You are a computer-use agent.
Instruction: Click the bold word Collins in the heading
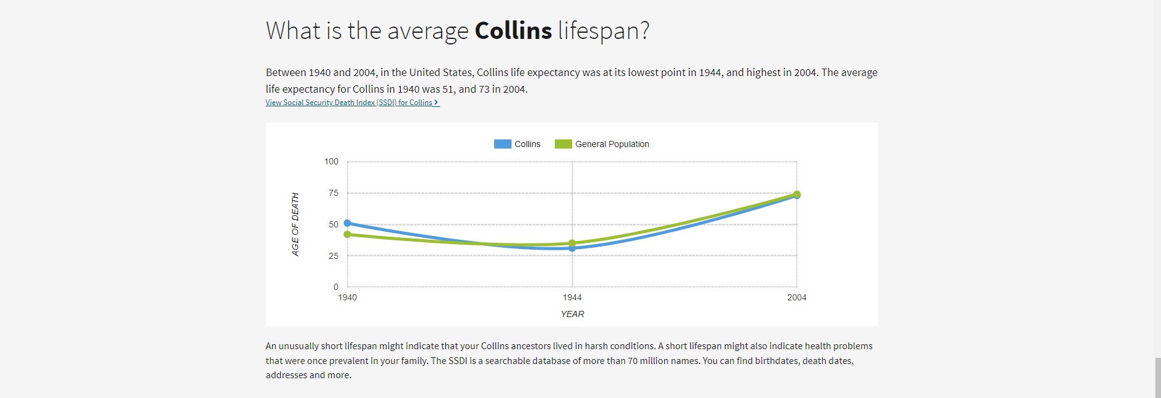point(513,31)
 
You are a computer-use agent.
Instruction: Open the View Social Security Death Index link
point(352,103)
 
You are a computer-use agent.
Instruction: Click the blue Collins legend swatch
point(502,144)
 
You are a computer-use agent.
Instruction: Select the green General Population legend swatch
point(563,144)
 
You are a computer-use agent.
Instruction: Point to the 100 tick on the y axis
point(331,161)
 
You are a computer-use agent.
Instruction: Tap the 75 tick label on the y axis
point(333,193)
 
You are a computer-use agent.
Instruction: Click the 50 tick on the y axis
point(333,224)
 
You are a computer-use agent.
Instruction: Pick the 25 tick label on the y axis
point(333,256)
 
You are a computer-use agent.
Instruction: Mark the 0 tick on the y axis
point(336,287)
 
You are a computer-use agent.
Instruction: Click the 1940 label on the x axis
point(347,297)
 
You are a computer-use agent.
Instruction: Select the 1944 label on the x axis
point(572,297)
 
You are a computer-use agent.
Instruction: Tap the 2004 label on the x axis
point(797,297)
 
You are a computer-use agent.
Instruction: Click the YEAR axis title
point(572,314)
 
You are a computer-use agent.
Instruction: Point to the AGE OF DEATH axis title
point(295,224)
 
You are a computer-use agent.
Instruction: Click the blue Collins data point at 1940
point(347,223)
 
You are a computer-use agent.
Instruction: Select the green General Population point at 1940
point(347,234)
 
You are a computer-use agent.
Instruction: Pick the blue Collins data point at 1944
point(572,248)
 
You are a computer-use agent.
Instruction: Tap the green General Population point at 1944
point(572,243)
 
